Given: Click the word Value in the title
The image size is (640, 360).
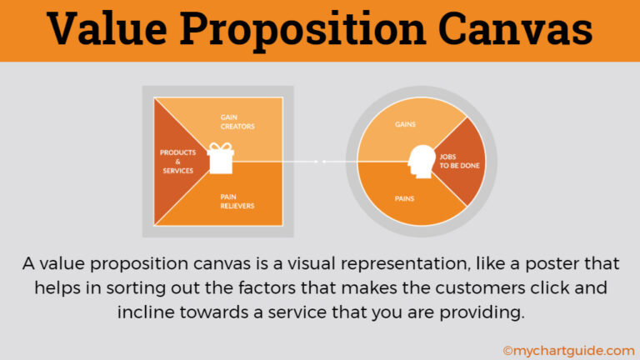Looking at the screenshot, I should pyautogui.click(x=112, y=30).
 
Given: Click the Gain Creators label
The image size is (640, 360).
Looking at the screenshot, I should pyautogui.click(x=237, y=122).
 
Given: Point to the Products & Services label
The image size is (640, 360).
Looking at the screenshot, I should pyautogui.click(x=177, y=161).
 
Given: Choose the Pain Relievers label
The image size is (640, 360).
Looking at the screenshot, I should pyautogui.click(x=237, y=200).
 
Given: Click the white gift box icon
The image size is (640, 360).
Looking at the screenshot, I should pyautogui.click(x=221, y=157).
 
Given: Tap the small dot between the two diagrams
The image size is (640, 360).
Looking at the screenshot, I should pyautogui.click(x=324, y=161).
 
